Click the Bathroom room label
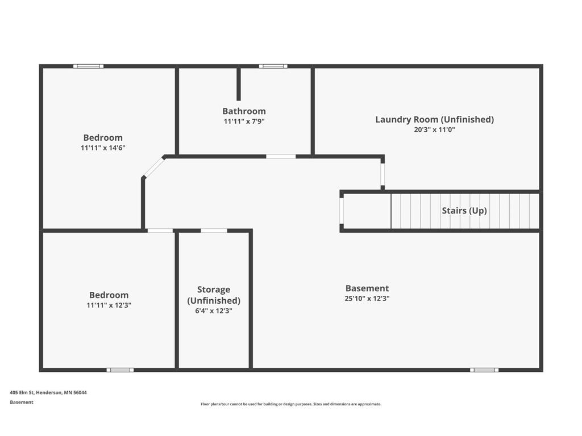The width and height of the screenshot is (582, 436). click(x=244, y=111)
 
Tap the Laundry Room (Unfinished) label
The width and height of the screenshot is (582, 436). click(x=434, y=119)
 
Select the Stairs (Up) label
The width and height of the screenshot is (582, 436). click(x=464, y=211)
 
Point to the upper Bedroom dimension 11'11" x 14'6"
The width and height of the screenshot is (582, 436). click(x=103, y=148)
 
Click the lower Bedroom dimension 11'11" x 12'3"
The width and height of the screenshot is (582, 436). click(x=109, y=305)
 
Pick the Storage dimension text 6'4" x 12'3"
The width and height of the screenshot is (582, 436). click(x=214, y=311)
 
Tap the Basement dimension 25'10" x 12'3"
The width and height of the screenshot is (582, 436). click(x=367, y=298)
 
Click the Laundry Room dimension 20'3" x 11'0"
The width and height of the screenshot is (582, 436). click(x=435, y=129)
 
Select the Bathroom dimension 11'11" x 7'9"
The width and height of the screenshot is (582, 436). click(x=244, y=121)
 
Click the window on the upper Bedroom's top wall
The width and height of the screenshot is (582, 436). click(x=89, y=66)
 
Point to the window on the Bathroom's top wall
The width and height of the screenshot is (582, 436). click(x=273, y=66)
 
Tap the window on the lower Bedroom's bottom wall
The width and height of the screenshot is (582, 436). click(x=120, y=370)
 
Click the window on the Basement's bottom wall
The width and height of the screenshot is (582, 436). click(x=484, y=370)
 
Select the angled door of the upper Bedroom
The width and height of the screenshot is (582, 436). click(x=153, y=167)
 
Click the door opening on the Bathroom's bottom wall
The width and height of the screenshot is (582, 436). click(x=281, y=156)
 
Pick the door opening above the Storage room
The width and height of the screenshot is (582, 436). click(x=214, y=230)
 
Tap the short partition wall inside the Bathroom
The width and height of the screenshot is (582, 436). click(x=239, y=84)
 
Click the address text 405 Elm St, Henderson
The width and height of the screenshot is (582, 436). click(x=48, y=392)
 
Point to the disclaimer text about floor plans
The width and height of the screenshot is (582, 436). click(x=291, y=404)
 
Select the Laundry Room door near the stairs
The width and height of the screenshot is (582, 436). click(x=383, y=175)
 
